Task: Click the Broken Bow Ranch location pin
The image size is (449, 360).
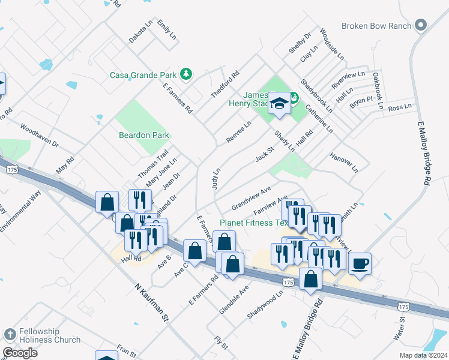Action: click(421, 26)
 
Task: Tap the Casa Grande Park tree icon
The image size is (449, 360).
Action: click(187, 74)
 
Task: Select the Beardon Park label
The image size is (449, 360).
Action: click(144, 136)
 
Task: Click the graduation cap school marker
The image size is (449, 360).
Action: click(279, 103)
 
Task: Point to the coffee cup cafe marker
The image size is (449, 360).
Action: click(360, 263)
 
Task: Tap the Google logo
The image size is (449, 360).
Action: click(20, 353)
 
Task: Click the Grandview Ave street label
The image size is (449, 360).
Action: click(252, 197)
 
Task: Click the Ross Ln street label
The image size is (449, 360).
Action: click(400, 107)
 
